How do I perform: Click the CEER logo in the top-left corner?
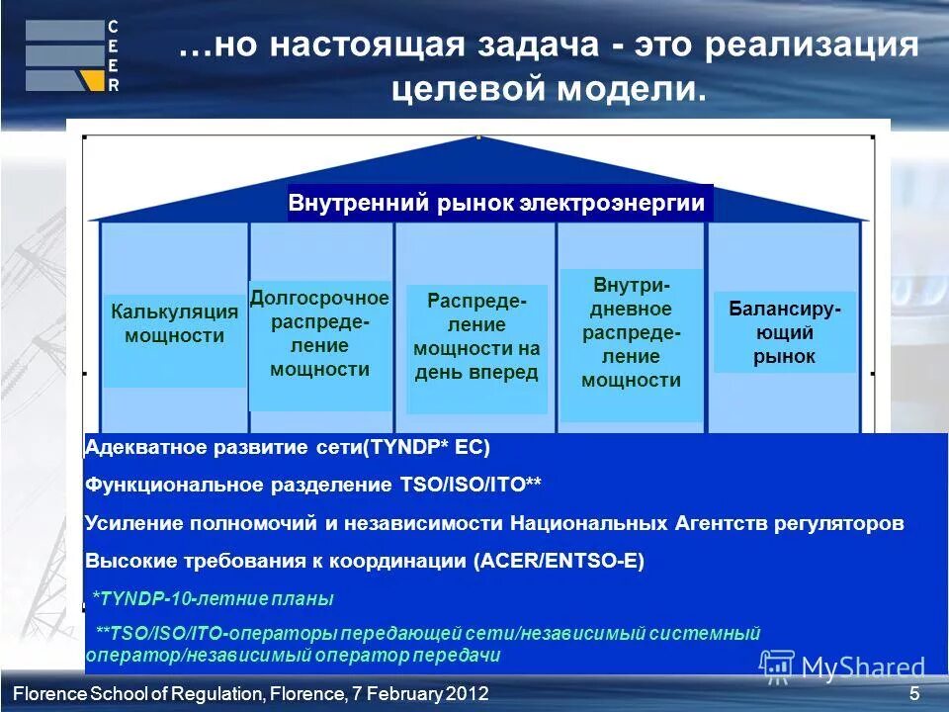72,56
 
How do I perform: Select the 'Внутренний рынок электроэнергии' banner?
497,204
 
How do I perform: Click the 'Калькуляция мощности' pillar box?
174,324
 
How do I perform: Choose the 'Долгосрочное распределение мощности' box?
319,334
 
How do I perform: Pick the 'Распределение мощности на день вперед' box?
476,336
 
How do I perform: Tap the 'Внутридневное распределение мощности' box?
631,332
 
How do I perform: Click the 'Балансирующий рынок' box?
784,332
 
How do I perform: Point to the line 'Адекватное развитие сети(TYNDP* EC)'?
288,447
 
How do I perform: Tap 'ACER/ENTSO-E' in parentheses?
559,561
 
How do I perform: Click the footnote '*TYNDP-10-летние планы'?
213,598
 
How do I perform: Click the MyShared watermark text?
862,667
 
